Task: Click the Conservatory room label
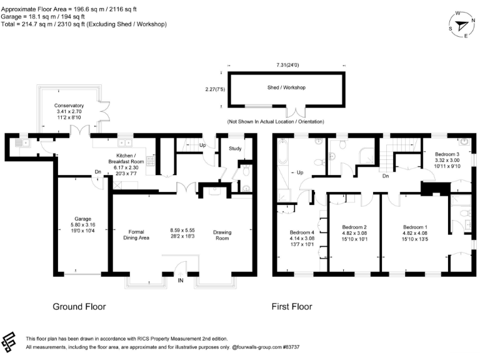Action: (69, 105)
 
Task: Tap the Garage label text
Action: (83, 219)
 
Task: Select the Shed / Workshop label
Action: (287, 88)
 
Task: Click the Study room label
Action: (235, 149)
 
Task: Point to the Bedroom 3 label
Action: (447, 154)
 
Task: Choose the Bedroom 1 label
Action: (415, 227)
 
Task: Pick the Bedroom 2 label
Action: (354, 227)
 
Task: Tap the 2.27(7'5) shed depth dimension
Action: (216, 89)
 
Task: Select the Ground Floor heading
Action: (79, 307)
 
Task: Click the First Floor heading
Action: (291, 307)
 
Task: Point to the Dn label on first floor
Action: (386, 176)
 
